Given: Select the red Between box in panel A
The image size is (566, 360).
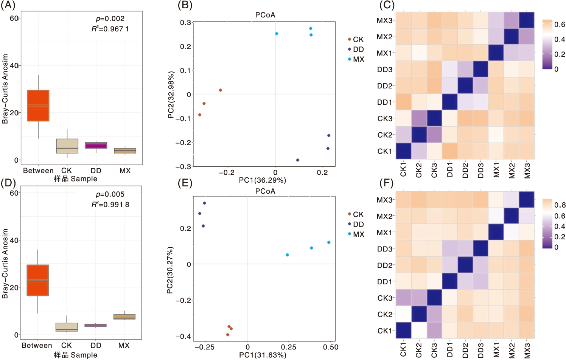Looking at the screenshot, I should (x=38, y=106).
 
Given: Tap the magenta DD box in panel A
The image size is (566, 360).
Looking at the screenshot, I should (x=96, y=145).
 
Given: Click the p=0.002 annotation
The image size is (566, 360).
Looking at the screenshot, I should (x=110, y=19).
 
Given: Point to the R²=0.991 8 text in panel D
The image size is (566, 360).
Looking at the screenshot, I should (x=110, y=205).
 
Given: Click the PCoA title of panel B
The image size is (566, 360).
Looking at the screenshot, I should (x=265, y=15).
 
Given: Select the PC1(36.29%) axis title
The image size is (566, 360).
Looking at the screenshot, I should (x=262, y=180).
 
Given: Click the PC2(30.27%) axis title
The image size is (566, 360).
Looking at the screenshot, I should (x=170, y=270).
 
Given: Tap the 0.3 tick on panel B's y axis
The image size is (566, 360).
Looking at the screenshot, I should (x=185, y=23).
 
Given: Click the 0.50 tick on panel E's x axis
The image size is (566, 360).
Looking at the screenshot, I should (x=331, y=347).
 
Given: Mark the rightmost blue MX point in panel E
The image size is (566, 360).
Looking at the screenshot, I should (x=329, y=242).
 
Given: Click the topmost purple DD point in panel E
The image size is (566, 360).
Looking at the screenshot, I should (x=204, y=203).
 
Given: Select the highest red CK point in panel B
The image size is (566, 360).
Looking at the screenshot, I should (x=220, y=90).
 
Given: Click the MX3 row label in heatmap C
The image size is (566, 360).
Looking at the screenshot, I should (x=384, y=20).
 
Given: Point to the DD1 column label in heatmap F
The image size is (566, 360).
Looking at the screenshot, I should (x=450, y=350).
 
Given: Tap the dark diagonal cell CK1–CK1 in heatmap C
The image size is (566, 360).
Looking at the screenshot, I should (x=403, y=151).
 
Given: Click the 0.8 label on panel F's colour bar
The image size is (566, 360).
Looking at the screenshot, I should (x=560, y=205).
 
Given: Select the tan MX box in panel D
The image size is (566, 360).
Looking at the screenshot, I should (x=124, y=317).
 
